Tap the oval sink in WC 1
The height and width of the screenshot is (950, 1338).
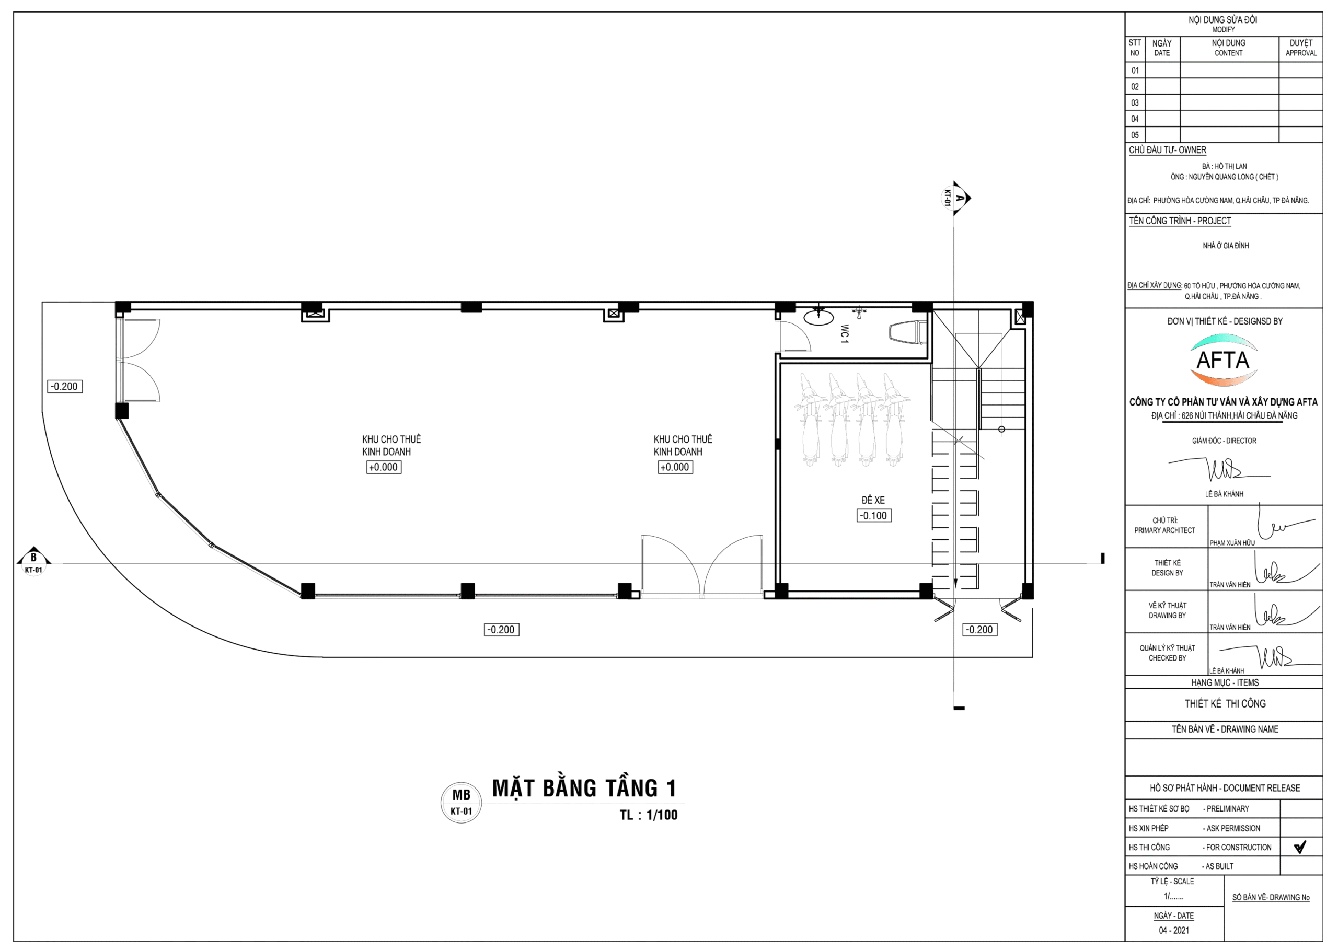pyautogui.click(x=819, y=317)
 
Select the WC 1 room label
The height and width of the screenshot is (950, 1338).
pyautogui.click(x=844, y=333)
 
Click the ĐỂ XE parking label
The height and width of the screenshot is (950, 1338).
pyautogui.click(x=873, y=500)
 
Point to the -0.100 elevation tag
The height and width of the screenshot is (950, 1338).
pyautogui.click(x=874, y=515)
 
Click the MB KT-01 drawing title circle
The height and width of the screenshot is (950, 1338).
pyautogui.click(x=461, y=803)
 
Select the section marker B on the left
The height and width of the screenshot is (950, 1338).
pyautogui.click(x=33, y=562)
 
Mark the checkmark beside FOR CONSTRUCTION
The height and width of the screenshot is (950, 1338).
pyautogui.click(x=1300, y=847)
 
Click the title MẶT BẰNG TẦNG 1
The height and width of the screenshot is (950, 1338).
pyautogui.click(x=584, y=788)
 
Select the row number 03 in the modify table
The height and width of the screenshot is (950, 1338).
pyautogui.click(x=1135, y=103)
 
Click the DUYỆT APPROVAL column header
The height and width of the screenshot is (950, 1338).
pyautogui.click(x=1300, y=48)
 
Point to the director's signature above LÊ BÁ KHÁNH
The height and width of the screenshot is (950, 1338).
pyautogui.click(x=1219, y=469)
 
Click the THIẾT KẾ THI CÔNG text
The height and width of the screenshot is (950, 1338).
pyautogui.click(x=1225, y=704)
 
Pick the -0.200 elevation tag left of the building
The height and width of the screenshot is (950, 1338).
pyautogui.click(x=64, y=386)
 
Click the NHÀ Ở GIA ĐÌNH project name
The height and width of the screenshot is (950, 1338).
pyautogui.click(x=1226, y=246)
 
